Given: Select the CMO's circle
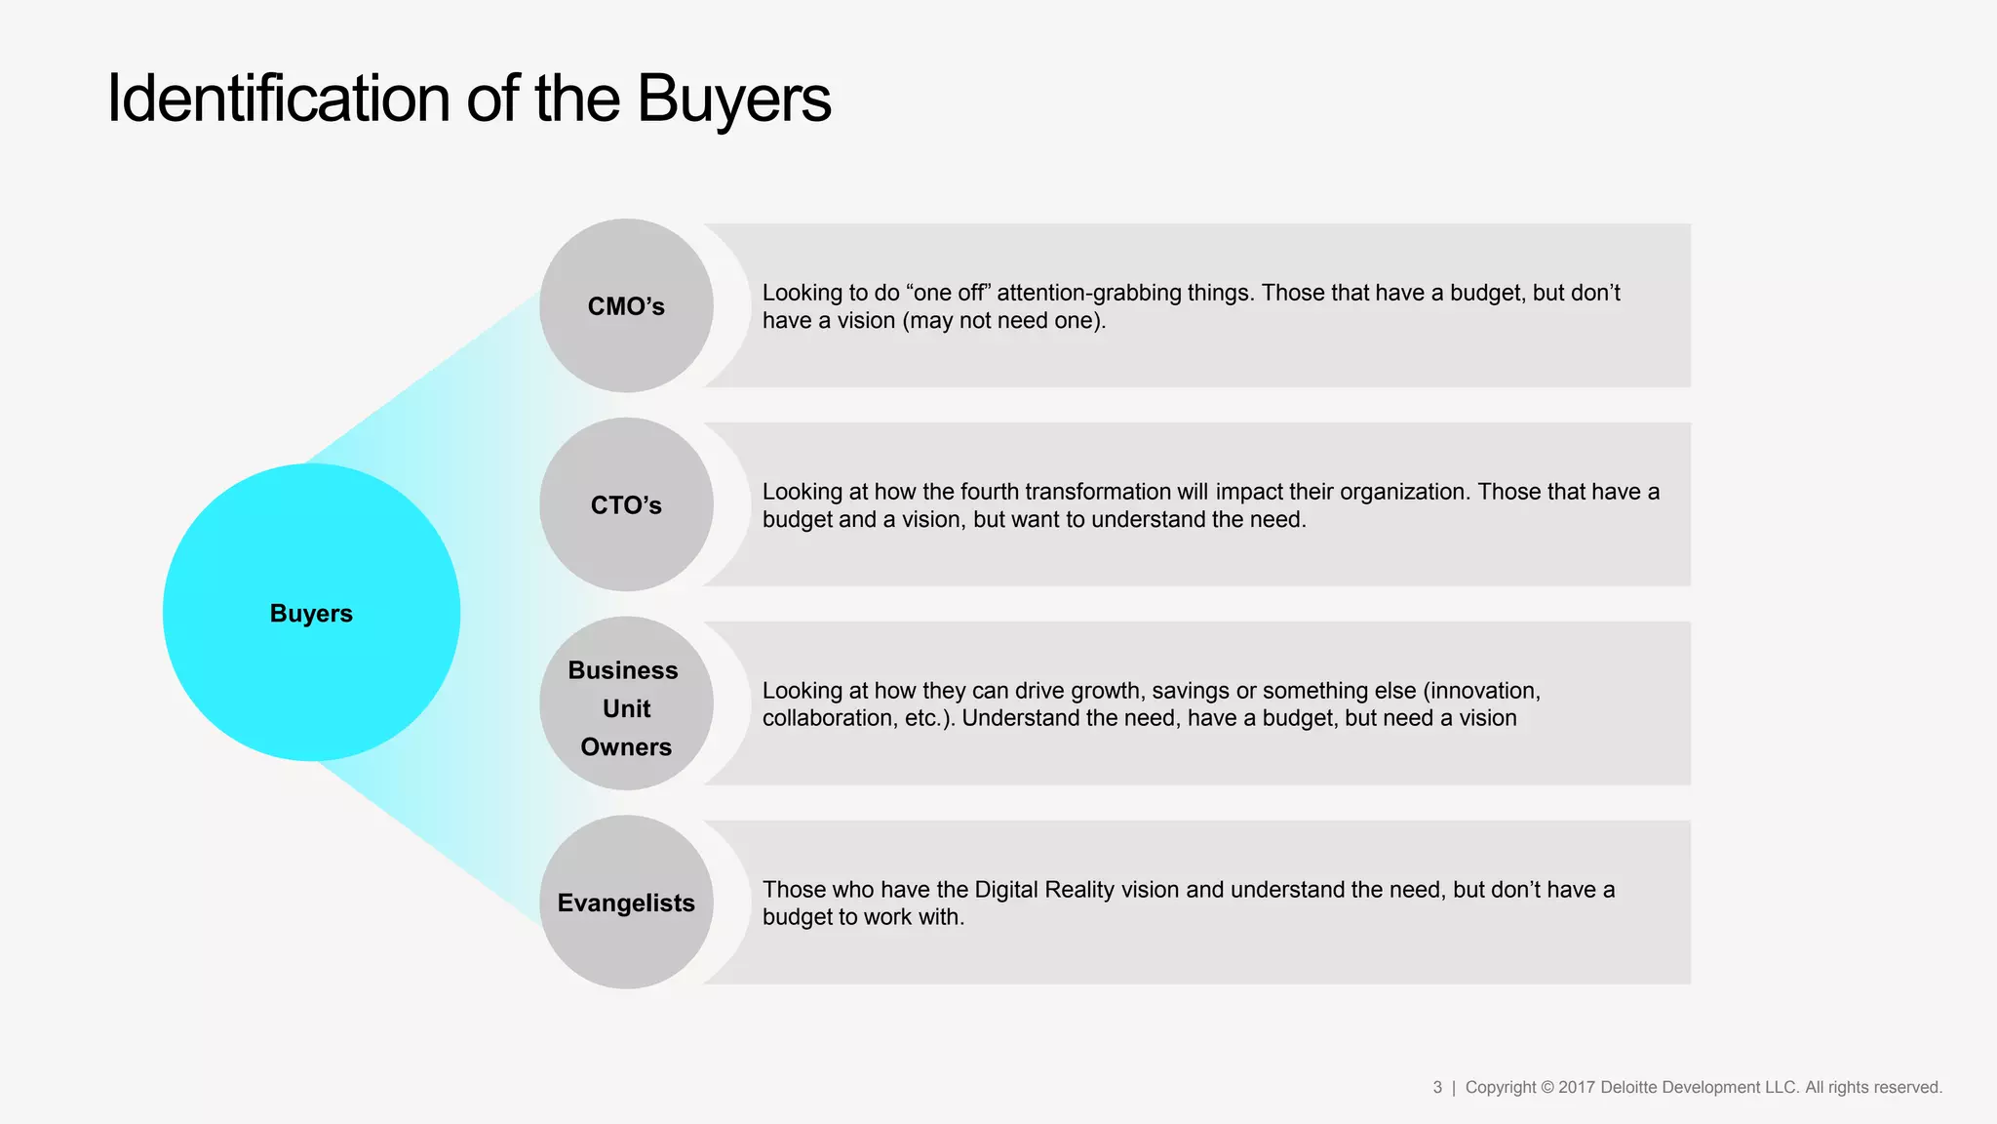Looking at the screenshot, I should click(626, 306).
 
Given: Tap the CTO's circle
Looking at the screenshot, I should click(626, 505).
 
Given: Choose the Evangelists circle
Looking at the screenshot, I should click(626, 903).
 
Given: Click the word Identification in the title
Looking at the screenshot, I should click(278, 100).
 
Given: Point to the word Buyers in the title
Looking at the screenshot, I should click(733, 100).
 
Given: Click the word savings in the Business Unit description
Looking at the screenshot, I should click(1191, 691).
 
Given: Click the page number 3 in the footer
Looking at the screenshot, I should click(1437, 1087).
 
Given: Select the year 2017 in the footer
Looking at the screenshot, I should click(1576, 1087).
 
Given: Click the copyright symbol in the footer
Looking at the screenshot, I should click(1547, 1087).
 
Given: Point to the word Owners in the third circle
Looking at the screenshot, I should click(626, 747).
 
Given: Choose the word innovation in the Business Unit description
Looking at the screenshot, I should click(1483, 691).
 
